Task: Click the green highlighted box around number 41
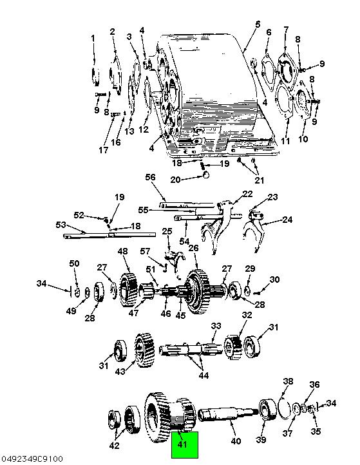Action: click(185, 445)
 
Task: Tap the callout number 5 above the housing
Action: click(258, 24)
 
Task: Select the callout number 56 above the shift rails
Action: click(150, 177)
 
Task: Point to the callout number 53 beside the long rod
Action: click(61, 225)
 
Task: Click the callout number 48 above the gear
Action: click(122, 251)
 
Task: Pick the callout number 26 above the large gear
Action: click(193, 247)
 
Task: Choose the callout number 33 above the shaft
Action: click(216, 326)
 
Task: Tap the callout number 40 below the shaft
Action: click(236, 441)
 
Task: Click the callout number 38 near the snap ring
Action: click(288, 381)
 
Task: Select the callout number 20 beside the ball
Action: click(176, 180)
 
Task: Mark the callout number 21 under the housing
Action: click(259, 180)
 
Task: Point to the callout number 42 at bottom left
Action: click(114, 446)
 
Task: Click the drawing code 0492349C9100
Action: click(32, 459)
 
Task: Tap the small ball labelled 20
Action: click(205, 175)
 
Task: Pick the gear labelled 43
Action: click(144, 350)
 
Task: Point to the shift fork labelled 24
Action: click(253, 230)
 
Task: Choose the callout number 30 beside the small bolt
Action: click(274, 280)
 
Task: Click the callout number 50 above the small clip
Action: click(74, 263)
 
